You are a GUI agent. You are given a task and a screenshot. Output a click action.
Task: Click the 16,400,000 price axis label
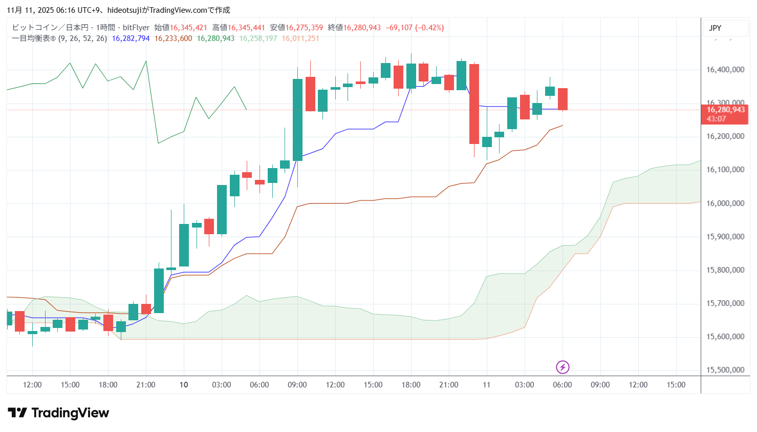point(725,70)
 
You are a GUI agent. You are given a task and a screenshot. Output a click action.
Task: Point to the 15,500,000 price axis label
point(725,370)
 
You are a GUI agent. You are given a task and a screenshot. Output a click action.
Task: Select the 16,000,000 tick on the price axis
point(725,203)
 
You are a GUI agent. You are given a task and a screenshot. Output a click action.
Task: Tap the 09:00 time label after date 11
point(600,385)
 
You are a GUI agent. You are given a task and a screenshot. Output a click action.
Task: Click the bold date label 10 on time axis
point(184,385)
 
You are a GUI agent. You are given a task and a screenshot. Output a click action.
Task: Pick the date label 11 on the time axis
point(486,385)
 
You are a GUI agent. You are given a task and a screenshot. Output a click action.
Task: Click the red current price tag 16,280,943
point(725,110)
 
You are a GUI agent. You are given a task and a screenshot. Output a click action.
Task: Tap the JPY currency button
point(715,28)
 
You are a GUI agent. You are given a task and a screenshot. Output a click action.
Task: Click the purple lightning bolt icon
point(563,367)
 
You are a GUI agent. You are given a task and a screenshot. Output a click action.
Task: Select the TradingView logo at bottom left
point(58,413)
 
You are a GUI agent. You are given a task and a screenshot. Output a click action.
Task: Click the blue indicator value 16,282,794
point(131,38)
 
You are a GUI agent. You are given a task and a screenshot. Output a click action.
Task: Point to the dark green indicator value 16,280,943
point(215,38)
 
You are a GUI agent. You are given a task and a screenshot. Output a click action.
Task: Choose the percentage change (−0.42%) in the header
point(429,28)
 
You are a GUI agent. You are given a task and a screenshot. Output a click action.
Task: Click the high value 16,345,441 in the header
point(246,28)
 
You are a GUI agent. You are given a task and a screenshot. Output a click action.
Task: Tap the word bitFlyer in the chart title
point(136,28)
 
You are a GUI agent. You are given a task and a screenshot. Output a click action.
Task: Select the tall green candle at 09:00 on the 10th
point(297,119)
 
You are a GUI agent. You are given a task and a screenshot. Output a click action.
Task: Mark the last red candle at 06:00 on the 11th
point(563,99)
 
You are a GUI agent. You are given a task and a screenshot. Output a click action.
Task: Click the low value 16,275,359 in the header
point(304,28)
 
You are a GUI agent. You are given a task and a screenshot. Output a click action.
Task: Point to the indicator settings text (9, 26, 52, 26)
point(82,38)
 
